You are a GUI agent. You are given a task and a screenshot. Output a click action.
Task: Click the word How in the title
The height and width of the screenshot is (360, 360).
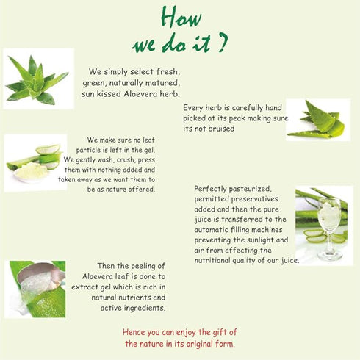coord(181,17)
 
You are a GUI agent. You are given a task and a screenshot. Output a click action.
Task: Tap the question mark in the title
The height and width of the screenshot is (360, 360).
coord(222,43)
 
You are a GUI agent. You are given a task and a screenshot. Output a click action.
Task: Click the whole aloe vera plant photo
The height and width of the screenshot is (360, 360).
coord(38,79)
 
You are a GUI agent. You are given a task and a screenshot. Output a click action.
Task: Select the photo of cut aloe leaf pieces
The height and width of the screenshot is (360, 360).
coord(318,120)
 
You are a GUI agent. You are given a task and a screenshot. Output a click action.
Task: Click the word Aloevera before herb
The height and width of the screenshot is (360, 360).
coord(140,94)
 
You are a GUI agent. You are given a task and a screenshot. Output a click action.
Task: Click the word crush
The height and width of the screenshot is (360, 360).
coord(126,160)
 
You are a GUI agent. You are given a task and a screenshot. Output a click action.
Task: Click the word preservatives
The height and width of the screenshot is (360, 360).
coord(255,199)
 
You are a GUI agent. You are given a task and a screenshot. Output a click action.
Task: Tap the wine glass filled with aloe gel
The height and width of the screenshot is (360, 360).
coord(329,228)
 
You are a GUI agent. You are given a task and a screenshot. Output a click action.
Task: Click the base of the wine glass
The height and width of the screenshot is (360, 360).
coord(330,256)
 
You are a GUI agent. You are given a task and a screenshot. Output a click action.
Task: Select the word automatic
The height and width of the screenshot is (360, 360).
coord(211,230)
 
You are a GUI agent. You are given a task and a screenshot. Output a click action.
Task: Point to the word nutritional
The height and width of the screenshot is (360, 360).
coord(212,261)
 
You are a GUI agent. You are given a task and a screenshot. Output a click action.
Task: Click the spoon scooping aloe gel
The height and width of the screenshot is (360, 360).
coord(40,276)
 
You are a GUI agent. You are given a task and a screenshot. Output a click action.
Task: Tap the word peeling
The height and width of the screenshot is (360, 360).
coord(145,266)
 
